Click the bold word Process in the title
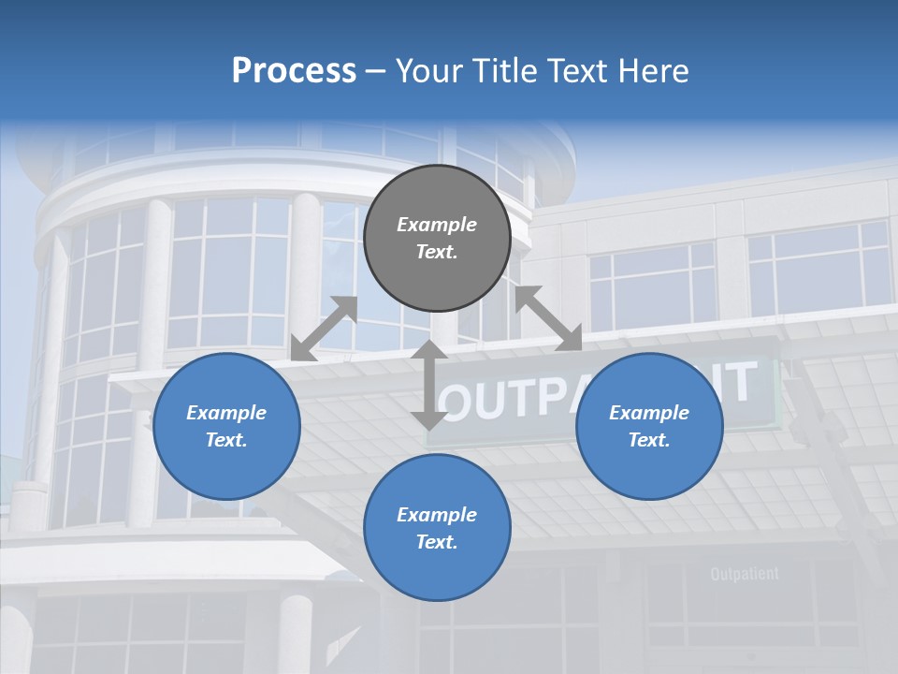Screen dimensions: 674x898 (294, 71)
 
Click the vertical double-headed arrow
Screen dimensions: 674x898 (429, 384)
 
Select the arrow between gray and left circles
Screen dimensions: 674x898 (324, 328)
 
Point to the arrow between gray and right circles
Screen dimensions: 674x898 (548, 318)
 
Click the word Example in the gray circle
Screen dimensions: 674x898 (437, 225)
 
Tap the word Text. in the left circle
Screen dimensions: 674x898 (226, 440)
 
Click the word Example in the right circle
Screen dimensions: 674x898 (649, 413)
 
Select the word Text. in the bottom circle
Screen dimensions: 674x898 (437, 542)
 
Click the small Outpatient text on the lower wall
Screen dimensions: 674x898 (745, 574)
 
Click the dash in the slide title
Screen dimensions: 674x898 (375, 71)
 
